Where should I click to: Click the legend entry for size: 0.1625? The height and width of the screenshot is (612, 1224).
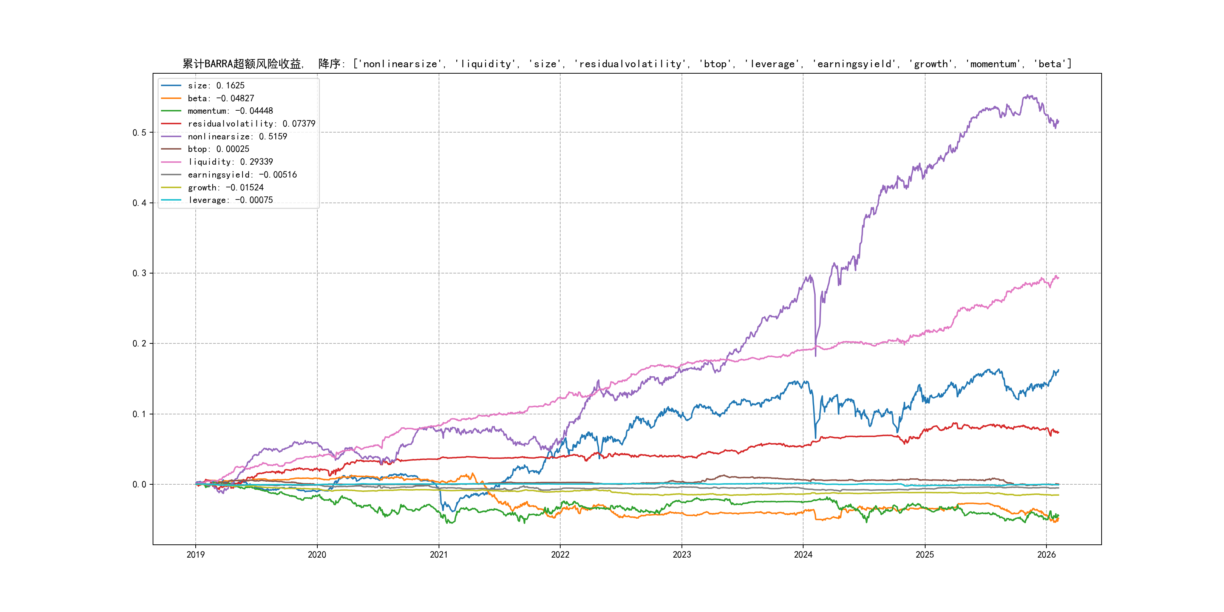[x=216, y=85]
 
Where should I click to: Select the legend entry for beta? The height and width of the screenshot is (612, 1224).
[x=221, y=98]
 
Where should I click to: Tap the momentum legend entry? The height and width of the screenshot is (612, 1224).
[x=230, y=111]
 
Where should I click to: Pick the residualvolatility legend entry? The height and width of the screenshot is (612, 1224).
[x=251, y=124]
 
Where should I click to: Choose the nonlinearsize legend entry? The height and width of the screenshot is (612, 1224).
[x=237, y=136]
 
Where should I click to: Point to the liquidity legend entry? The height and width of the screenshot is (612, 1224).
[x=230, y=162]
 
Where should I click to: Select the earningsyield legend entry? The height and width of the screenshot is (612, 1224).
[x=242, y=175]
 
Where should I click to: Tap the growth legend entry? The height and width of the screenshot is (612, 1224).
[x=225, y=188]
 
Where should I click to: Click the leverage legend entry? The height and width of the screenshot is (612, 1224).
[x=230, y=200]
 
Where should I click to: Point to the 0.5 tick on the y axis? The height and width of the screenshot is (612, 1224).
[x=139, y=133]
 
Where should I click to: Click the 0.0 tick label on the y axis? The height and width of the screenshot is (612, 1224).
[x=139, y=485]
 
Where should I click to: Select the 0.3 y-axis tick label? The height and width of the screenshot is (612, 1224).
[x=139, y=273]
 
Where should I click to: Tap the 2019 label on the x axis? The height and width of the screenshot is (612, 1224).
[x=195, y=555]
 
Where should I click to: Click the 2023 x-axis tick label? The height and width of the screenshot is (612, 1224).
[x=682, y=555]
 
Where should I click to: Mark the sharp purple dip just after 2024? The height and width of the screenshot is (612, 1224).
[x=816, y=354]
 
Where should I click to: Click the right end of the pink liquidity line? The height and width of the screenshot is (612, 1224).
[x=1058, y=278]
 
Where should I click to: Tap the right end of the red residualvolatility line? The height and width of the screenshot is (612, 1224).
[x=1058, y=433]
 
